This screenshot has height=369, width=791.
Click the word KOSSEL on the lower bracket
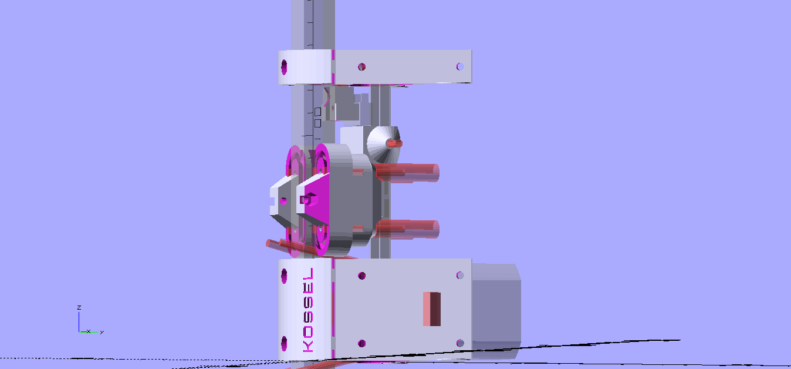(308, 310)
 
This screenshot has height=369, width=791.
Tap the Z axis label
(79, 307)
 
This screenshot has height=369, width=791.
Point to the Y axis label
(102, 332)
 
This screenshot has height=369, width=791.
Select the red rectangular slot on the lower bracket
(431, 309)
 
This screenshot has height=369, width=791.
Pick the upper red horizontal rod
(406, 173)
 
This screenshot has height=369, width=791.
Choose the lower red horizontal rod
(407, 229)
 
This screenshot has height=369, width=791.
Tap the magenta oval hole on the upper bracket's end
(284, 67)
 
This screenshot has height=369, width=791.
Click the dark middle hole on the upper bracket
(361, 67)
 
